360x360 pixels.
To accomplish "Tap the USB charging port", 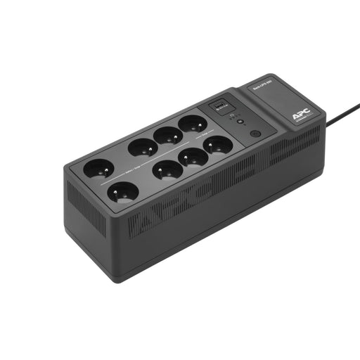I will [219, 106].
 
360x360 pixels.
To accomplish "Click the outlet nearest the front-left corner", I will [122, 192].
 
